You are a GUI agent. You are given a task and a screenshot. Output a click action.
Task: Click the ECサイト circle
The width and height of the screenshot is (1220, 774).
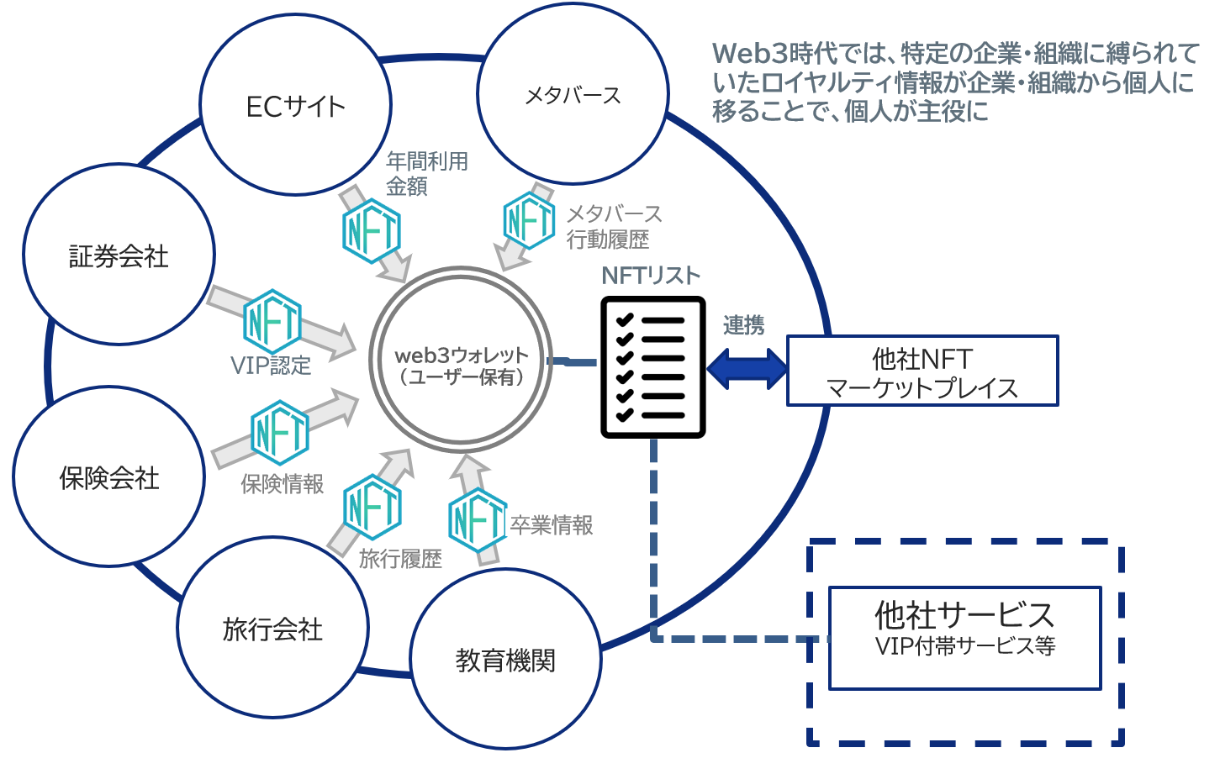pyautogui.click(x=295, y=105)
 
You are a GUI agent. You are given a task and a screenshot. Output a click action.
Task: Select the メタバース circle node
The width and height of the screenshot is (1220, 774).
pyautogui.click(x=573, y=94)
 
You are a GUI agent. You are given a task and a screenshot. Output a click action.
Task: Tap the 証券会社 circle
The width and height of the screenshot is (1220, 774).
pyautogui.click(x=119, y=255)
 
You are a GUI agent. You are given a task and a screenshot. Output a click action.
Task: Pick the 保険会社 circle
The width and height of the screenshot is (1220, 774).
pyautogui.click(x=108, y=477)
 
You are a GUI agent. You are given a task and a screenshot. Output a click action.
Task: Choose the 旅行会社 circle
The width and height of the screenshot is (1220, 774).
pyautogui.click(x=272, y=629)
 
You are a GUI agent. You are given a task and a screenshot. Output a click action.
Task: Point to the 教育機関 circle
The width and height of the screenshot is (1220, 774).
pyautogui.click(x=505, y=660)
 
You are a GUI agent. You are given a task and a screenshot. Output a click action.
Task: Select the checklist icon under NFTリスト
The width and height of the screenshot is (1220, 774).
pyautogui.click(x=652, y=366)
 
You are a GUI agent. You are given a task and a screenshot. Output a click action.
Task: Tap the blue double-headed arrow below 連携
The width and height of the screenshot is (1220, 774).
pyautogui.click(x=747, y=368)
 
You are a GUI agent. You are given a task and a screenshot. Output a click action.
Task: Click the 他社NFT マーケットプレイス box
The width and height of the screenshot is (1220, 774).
pyautogui.click(x=922, y=371)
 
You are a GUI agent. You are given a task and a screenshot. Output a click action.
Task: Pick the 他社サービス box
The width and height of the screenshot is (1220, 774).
pyautogui.click(x=964, y=638)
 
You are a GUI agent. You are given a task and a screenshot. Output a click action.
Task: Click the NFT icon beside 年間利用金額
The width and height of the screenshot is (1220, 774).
pyautogui.click(x=372, y=230)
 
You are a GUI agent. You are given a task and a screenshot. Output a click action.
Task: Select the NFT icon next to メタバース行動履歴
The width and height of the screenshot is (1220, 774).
pyautogui.click(x=529, y=221)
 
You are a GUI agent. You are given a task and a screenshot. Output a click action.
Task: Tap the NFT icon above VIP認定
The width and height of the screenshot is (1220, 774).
pyautogui.click(x=272, y=321)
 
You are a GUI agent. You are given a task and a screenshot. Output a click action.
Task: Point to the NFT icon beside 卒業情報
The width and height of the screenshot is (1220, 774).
pyautogui.click(x=477, y=520)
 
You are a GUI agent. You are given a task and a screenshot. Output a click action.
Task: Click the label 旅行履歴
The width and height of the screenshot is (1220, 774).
pyautogui.click(x=400, y=559)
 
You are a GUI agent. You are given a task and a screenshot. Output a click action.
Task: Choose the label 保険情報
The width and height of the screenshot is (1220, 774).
pyautogui.click(x=283, y=484)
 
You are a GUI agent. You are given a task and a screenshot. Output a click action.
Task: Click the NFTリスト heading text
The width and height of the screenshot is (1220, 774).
pyautogui.click(x=650, y=276)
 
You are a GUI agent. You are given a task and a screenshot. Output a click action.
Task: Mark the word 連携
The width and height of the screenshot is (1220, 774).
pyautogui.click(x=743, y=325)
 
